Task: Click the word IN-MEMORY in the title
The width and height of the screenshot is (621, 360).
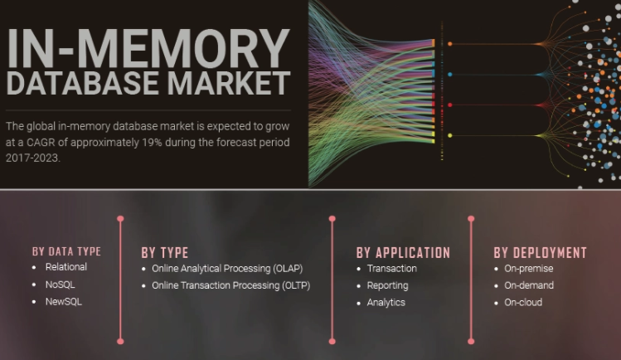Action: (x=148, y=48)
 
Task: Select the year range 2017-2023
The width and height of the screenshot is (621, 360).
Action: (x=32, y=158)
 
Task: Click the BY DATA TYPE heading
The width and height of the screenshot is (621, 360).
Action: (x=66, y=251)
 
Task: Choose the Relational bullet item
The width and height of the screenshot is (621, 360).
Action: (x=66, y=267)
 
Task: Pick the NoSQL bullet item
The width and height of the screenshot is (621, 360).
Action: (x=61, y=285)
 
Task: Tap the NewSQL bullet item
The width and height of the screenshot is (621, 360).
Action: (x=64, y=302)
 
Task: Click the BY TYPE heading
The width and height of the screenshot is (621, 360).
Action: (x=165, y=253)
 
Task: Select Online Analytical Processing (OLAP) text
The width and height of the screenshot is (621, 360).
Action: (x=227, y=269)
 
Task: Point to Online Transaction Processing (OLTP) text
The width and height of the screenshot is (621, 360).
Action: (x=230, y=285)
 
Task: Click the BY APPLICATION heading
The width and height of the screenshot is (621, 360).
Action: (x=403, y=253)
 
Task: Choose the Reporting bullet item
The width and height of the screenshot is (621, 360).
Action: (x=387, y=285)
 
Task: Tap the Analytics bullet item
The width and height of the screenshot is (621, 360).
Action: (x=386, y=303)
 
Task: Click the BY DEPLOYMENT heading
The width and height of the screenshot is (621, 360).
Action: (x=541, y=253)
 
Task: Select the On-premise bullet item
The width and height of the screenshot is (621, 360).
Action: (x=529, y=269)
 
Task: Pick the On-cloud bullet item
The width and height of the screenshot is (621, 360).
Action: (x=523, y=303)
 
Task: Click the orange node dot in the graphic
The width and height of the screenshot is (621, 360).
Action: (x=450, y=44)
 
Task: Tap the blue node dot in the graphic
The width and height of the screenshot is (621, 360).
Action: (x=450, y=75)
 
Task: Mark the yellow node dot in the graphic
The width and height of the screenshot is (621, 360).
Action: (x=450, y=135)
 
